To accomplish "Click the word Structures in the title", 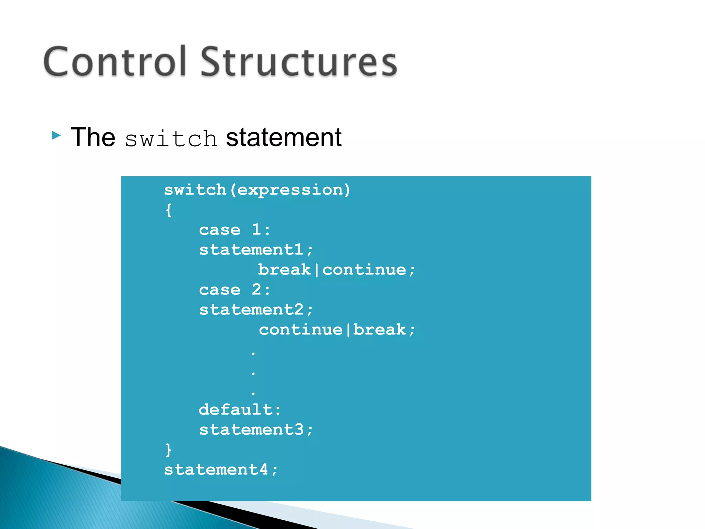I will click(x=299, y=62).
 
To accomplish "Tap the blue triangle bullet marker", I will click(x=56, y=135).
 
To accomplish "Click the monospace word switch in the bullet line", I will click(x=171, y=139).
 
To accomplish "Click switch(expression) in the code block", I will click(x=257, y=190).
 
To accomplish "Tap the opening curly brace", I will click(x=169, y=210).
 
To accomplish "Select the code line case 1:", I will click(x=235, y=230).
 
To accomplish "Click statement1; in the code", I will click(x=256, y=250).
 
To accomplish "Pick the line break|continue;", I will click(x=337, y=270).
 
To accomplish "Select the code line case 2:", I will click(x=235, y=290).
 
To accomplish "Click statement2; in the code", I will click(x=256, y=310).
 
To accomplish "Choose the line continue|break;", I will click(x=337, y=330).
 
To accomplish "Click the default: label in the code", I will click(x=240, y=410).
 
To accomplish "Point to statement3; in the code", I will click(x=256, y=430).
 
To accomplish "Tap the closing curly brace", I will click(x=169, y=450).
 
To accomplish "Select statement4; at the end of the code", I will click(x=221, y=470).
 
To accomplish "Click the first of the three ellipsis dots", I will click(x=253, y=353).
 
